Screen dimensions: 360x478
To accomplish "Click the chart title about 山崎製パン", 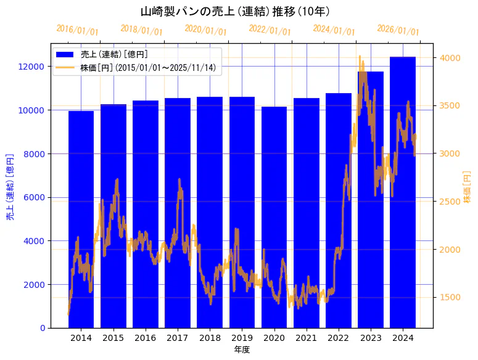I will [235, 11].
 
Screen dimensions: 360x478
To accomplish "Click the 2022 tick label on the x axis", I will [338, 338].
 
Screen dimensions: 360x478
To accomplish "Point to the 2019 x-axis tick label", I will [242, 338].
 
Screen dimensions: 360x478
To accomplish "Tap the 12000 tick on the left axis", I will [31, 67].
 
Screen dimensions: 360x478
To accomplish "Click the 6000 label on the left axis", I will [33, 197].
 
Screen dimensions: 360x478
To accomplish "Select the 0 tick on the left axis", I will [42, 328].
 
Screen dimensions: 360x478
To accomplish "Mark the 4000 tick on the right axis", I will [450, 58].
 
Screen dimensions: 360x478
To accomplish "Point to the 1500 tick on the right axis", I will [450, 297].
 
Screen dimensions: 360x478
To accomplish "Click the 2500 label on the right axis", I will [450, 202].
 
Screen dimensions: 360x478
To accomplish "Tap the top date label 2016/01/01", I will [77, 30].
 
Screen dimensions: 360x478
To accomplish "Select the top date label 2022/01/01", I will [270, 30].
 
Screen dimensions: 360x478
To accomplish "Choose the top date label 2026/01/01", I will [398, 30].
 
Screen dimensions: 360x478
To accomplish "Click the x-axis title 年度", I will [242, 350].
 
